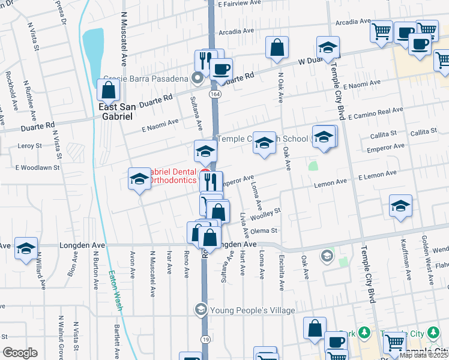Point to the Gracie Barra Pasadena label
[x=145, y=78]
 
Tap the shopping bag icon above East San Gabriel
[x=108, y=91]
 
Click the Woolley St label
[x=266, y=214]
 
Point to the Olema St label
[x=267, y=230]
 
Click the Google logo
[x=20, y=352]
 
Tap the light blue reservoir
[x=92, y=49]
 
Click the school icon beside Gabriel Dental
[x=139, y=179]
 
